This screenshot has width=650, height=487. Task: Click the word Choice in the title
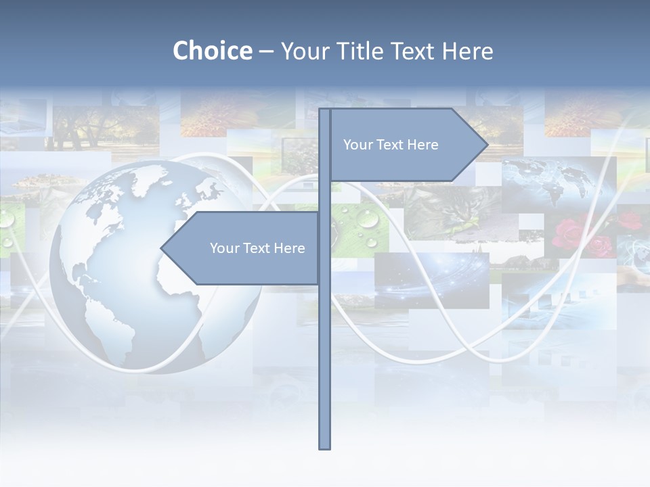[212, 51]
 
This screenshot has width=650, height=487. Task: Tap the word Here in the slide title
[467, 51]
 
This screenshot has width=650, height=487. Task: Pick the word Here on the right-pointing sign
[423, 145]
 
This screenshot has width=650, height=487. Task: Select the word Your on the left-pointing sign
[224, 248]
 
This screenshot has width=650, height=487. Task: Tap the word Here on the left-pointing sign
[290, 248]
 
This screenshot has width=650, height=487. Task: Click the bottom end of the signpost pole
[324, 446]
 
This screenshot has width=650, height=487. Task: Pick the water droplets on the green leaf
[359, 227]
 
